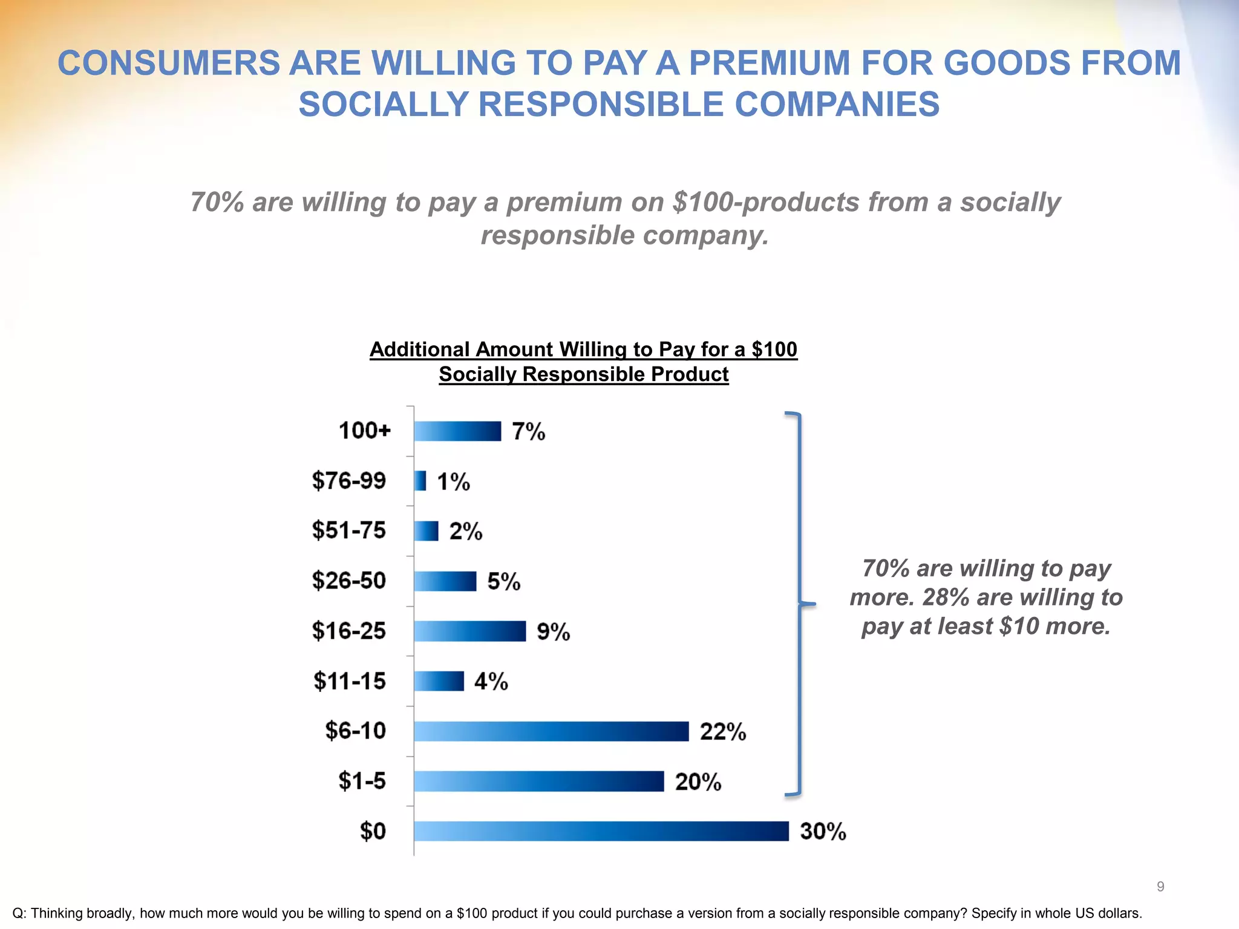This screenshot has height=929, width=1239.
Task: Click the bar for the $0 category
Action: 601,831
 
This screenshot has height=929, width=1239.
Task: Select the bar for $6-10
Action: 551,731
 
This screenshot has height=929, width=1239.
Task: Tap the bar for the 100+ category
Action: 458,431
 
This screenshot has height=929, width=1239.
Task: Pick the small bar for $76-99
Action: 420,481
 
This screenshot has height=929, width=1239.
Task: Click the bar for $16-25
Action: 470,631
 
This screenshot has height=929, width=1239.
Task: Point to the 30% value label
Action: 823,832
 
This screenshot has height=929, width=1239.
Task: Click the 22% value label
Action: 723,732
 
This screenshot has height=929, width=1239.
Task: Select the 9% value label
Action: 554,632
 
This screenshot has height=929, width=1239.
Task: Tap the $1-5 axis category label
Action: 362,781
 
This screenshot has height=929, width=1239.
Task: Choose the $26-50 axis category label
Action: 349,581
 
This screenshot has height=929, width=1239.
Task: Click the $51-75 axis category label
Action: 349,530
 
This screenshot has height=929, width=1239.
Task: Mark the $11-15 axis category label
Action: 350,681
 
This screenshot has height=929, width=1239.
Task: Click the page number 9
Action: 1160,887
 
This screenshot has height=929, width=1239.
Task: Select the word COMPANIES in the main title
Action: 837,104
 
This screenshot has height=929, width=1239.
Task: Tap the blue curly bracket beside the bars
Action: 800,604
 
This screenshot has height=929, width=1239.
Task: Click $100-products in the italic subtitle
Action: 766,203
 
